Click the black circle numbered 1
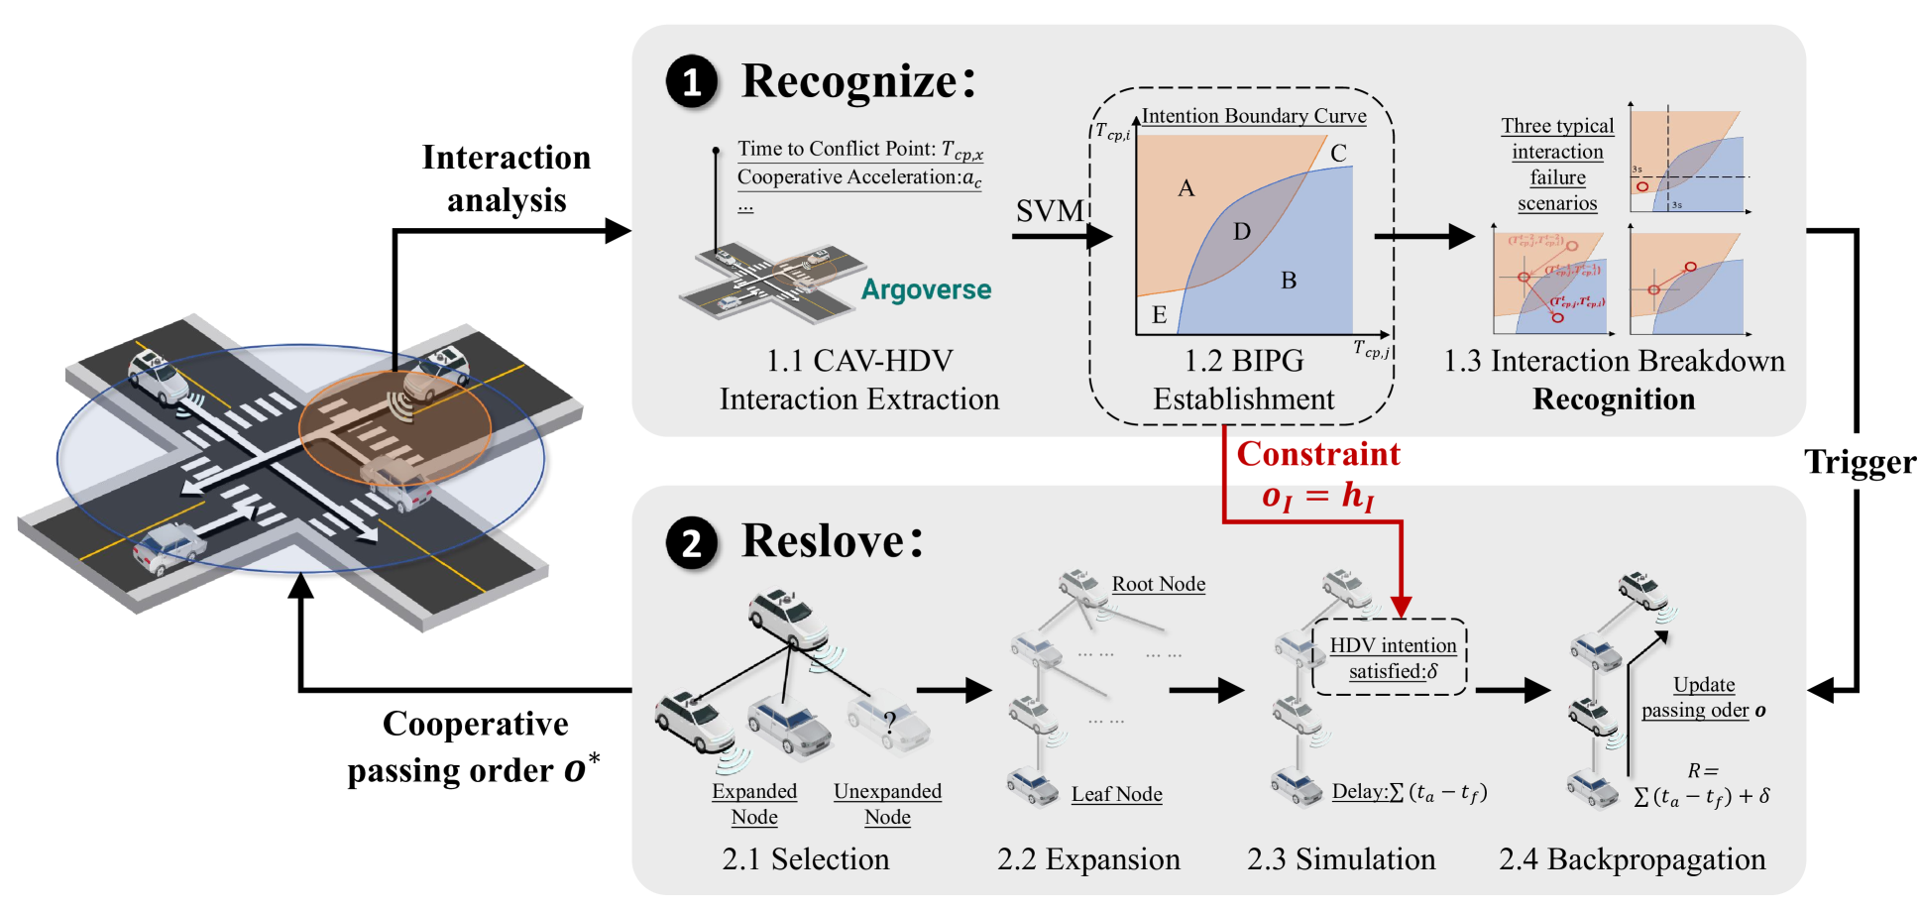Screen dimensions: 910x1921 click(x=692, y=81)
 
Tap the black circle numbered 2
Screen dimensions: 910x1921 click(x=692, y=542)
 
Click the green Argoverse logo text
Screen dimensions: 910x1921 click(x=926, y=289)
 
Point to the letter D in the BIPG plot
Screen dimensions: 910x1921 click(x=1242, y=232)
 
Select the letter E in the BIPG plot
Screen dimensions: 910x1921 click(x=1159, y=315)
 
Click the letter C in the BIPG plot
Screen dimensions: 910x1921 click(x=1338, y=154)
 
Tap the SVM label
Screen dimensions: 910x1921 click(x=1050, y=211)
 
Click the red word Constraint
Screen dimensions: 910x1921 click(x=1318, y=454)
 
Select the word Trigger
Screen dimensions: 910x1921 click(x=1860, y=462)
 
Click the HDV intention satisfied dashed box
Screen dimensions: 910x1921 click(x=1390, y=658)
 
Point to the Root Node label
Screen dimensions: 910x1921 click(x=1158, y=584)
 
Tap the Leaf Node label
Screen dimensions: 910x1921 click(x=1116, y=794)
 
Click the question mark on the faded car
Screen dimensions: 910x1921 click(x=890, y=722)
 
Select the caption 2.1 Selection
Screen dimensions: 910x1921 click(x=805, y=858)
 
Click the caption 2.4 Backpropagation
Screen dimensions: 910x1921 click(x=1632, y=858)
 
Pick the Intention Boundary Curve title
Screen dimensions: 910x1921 click(x=1253, y=116)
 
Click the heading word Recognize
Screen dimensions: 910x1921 click(x=849, y=81)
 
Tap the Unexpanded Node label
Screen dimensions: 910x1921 click(x=887, y=804)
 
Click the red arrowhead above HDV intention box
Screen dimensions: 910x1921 click(x=1401, y=606)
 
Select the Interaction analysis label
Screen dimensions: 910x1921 click(x=507, y=178)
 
